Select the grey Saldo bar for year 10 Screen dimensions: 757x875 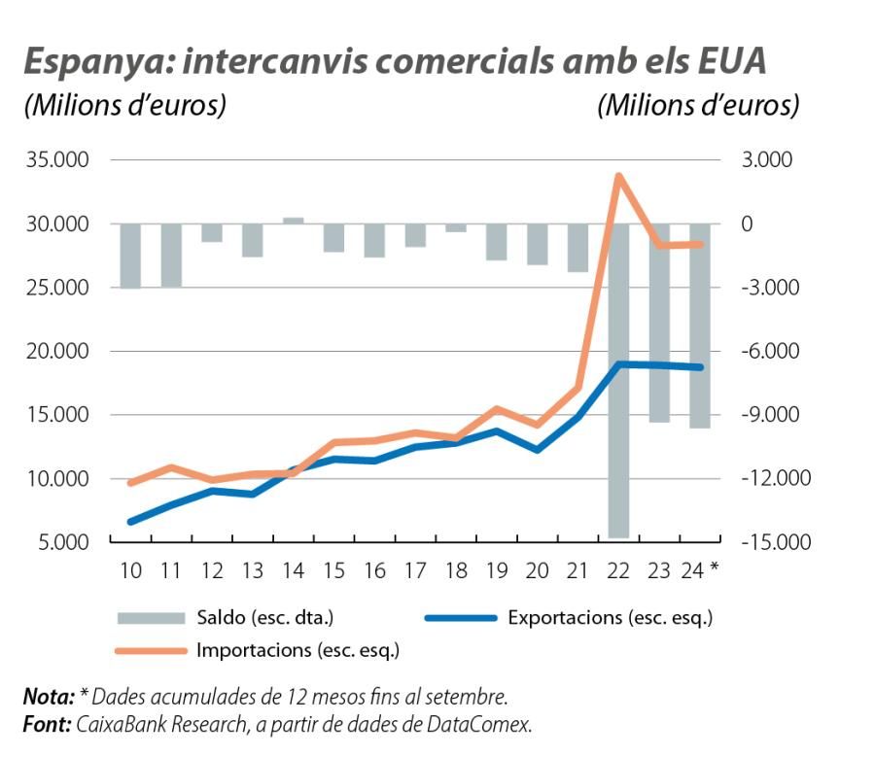pos(130,256)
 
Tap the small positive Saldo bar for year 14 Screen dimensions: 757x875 pos(293,221)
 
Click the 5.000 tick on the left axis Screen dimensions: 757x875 pos(64,542)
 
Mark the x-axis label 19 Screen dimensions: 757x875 pos(496,570)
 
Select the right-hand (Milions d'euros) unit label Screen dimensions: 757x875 pos(698,104)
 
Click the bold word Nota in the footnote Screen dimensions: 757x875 pos(48,698)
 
